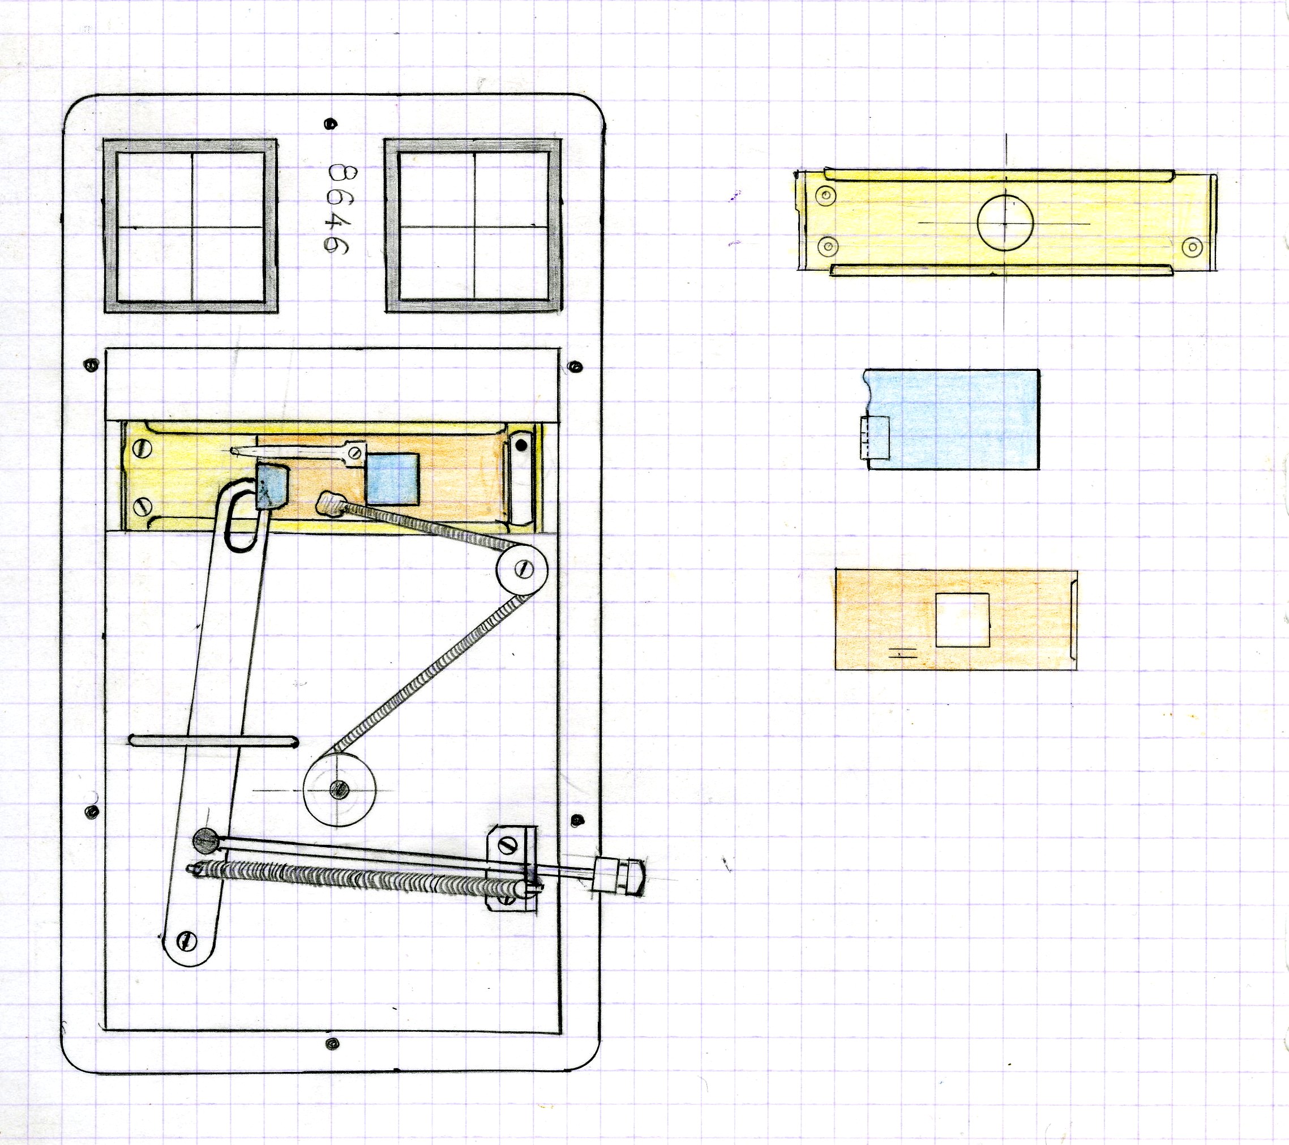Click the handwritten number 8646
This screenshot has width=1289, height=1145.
[341, 209]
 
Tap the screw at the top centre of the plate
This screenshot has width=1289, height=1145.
[328, 123]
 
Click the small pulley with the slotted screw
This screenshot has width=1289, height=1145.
[523, 569]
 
